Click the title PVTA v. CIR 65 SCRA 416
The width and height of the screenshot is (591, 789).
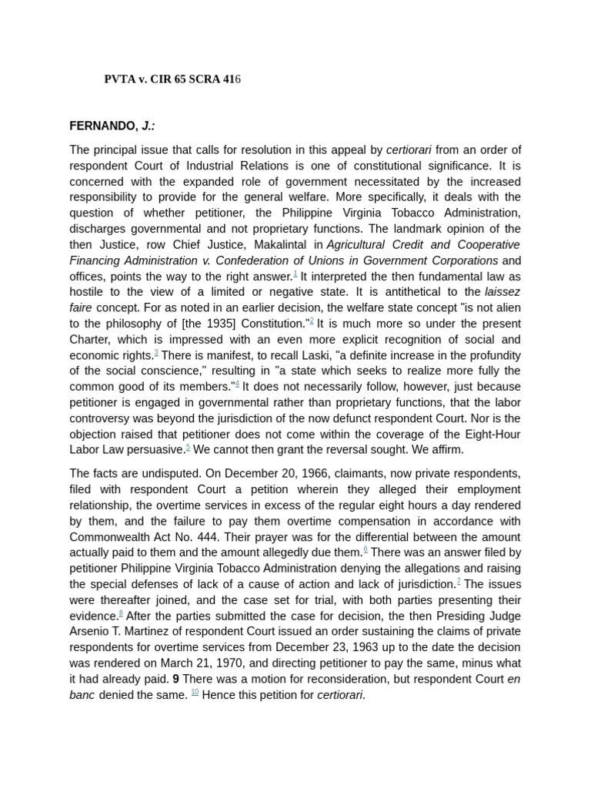pyautogui.click(x=172, y=79)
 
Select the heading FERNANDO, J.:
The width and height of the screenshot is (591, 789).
pyautogui.click(x=112, y=126)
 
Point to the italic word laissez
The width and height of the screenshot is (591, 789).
pyautogui.click(x=503, y=292)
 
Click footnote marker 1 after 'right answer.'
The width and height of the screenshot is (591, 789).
pyautogui.click(x=295, y=274)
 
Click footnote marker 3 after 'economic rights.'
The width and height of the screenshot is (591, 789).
pyautogui.click(x=156, y=353)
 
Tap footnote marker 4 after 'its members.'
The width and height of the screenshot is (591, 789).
pyautogui.click(x=237, y=384)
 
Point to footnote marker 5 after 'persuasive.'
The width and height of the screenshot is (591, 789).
pyautogui.click(x=188, y=447)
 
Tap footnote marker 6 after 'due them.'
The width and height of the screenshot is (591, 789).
pyautogui.click(x=366, y=549)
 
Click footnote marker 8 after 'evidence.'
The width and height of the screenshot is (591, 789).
pyautogui.click(x=121, y=613)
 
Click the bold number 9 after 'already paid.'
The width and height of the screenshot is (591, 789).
pyautogui.click(x=176, y=679)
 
